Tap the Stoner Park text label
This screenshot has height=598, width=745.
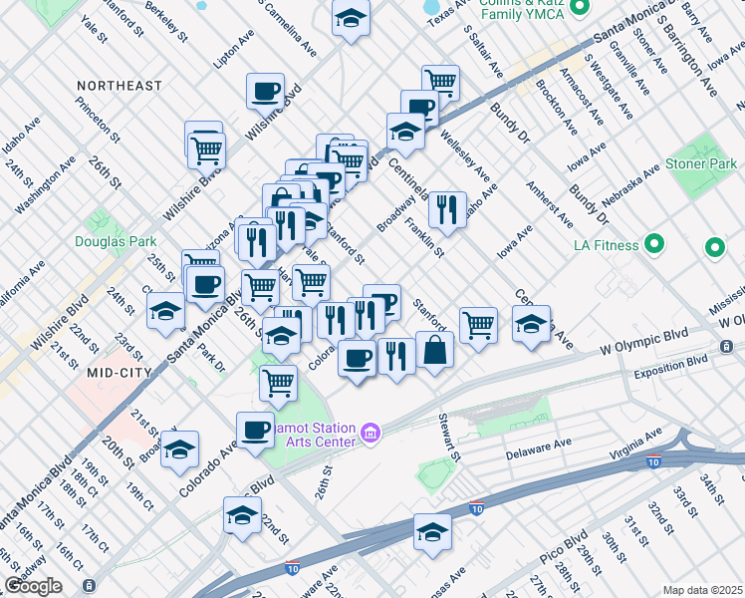698,162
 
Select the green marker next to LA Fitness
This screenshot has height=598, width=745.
655,243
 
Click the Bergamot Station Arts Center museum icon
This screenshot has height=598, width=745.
371,433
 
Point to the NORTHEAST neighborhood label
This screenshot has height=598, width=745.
120,87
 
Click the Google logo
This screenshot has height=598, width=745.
33,586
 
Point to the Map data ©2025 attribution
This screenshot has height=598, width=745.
702,590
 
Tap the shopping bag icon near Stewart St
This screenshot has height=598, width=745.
435,351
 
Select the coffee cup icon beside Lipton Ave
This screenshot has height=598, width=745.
266,92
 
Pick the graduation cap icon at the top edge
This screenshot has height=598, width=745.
351,18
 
